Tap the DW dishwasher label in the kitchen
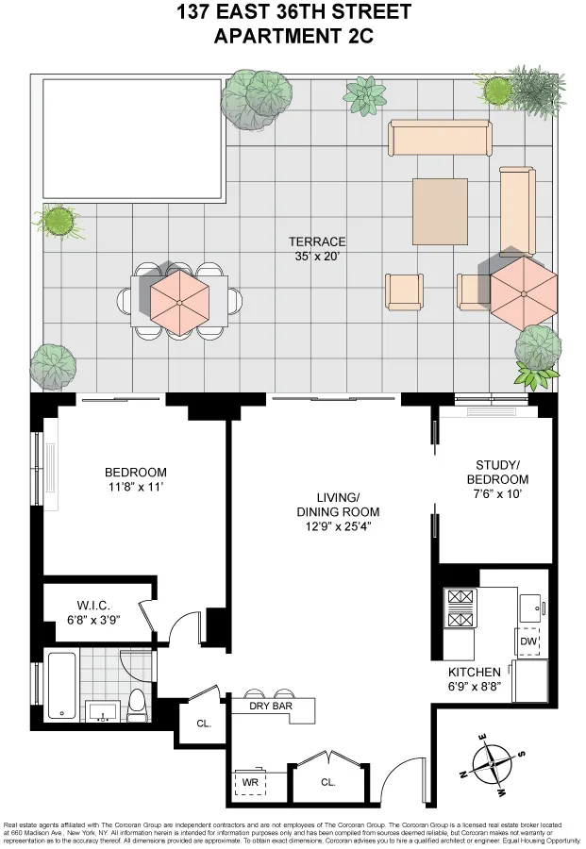pyautogui.click(x=527, y=641)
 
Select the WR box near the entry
pyautogui.click(x=250, y=782)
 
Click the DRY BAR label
pyautogui.click(x=271, y=706)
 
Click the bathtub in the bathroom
pyautogui.click(x=61, y=686)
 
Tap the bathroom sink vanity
pyautogui.click(x=102, y=709)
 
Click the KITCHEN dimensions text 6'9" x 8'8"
pyautogui.click(x=481, y=689)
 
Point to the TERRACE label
pyautogui.click(x=318, y=241)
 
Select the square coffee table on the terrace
pyautogui.click(x=439, y=210)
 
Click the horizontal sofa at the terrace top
pyautogui.click(x=440, y=139)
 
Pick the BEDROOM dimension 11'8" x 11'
pyautogui.click(x=135, y=488)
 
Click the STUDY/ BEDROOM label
pyautogui.click(x=494, y=472)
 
